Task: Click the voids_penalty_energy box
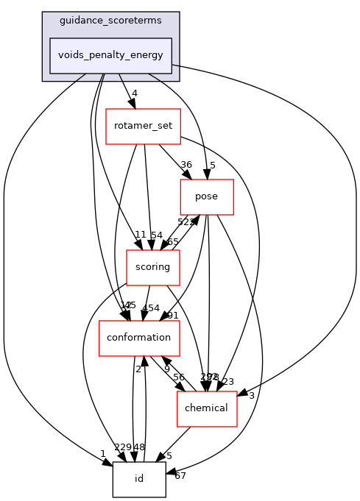tap(110, 55)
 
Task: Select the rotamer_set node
tap(143, 126)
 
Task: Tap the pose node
tap(207, 197)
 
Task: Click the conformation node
tap(139, 338)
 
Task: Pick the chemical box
tap(206, 408)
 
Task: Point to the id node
tap(138, 479)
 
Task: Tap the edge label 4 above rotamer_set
tap(134, 93)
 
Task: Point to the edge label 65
tap(172, 241)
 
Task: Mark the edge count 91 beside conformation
tap(173, 316)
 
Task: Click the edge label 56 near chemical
tap(178, 377)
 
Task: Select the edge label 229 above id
tap(122, 447)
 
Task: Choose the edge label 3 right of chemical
tap(251, 396)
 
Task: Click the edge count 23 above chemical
tap(227, 381)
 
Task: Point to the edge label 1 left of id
tap(103, 453)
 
